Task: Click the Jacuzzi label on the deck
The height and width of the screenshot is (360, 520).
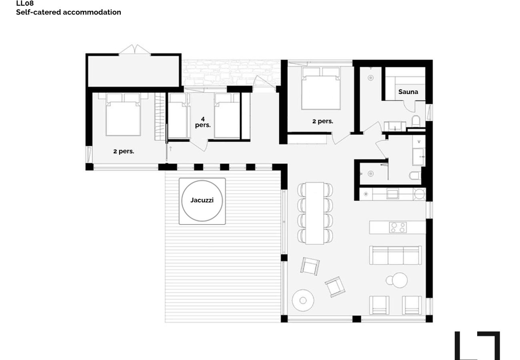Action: pyautogui.click(x=202, y=200)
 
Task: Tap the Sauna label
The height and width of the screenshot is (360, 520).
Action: pyautogui.click(x=408, y=92)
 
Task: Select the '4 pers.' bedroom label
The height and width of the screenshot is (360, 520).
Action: pyautogui.click(x=203, y=122)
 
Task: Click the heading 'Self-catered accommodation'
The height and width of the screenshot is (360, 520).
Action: pyautogui.click(x=68, y=12)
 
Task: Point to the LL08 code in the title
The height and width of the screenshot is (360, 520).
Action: pyautogui.click(x=25, y=3)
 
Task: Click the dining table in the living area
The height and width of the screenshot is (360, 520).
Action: pyautogui.click(x=315, y=213)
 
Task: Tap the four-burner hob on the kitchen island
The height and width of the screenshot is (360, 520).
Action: pyautogui.click(x=398, y=227)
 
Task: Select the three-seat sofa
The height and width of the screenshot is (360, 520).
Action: pyautogui.click(x=395, y=255)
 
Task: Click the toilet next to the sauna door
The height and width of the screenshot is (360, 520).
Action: pyautogui.click(x=416, y=121)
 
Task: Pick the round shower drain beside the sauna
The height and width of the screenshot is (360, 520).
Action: pyautogui.click(x=370, y=78)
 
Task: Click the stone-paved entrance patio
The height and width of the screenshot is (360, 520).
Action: pyautogui.click(x=231, y=73)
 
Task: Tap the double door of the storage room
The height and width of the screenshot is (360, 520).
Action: pyautogui.click(x=135, y=50)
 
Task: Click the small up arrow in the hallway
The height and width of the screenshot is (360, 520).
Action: pyautogui.click(x=171, y=149)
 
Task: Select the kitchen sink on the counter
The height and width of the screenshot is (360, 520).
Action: pyautogui.click(x=392, y=194)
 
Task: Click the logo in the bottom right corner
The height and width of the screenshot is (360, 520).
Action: pyautogui.click(x=477, y=346)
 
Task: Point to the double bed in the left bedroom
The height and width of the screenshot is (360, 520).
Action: pyautogui.click(x=123, y=114)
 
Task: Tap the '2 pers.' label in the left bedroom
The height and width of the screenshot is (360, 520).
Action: pyautogui.click(x=124, y=151)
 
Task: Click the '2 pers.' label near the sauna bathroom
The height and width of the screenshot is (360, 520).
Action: pyautogui.click(x=323, y=121)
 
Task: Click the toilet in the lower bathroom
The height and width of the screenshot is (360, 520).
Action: pyautogui.click(x=415, y=176)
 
